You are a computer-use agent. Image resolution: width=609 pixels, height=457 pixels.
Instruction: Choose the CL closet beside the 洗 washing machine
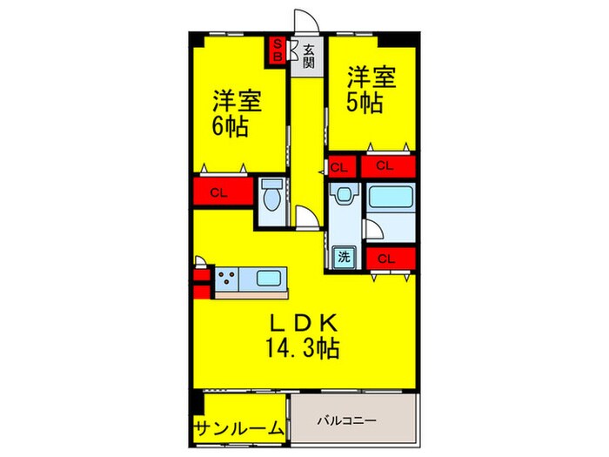[389, 258]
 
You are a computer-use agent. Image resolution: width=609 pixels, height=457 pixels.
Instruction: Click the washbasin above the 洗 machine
[345, 194]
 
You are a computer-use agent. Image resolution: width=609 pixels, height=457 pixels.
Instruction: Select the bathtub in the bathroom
[389, 196]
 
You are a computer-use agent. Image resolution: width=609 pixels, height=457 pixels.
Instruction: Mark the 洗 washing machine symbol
[345, 258]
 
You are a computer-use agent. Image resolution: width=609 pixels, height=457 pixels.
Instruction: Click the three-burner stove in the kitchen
[229, 279]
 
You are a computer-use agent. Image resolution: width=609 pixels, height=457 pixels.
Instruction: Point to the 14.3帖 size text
[304, 349]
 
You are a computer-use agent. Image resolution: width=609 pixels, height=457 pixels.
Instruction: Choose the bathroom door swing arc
[371, 228]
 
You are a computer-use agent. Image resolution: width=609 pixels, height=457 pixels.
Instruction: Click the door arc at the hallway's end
[304, 217]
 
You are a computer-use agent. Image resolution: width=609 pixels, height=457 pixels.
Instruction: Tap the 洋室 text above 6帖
[237, 98]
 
